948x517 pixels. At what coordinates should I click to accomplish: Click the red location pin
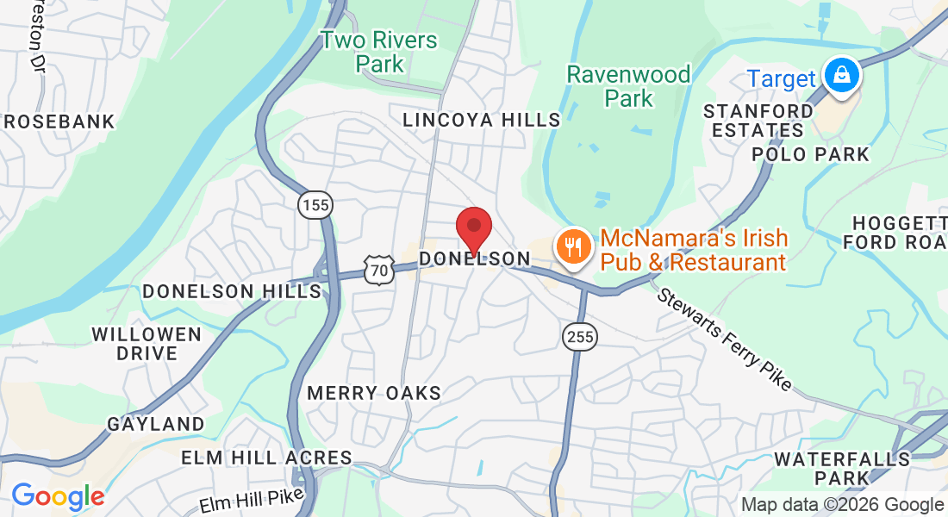tap(473, 227)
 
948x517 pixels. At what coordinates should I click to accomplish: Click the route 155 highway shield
tap(315, 205)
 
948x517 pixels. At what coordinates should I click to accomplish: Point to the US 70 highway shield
tap(378, 270)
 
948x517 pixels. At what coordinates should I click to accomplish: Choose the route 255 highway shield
tap(581, 337)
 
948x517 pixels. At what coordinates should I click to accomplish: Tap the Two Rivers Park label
tap(379, 52)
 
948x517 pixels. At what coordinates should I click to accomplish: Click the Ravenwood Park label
tap(628, 86)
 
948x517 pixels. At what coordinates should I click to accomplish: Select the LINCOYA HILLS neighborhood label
tap(482, 120)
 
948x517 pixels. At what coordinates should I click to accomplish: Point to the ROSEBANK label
tap(59, 121)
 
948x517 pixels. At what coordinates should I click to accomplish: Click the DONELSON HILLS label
tap(232, 291)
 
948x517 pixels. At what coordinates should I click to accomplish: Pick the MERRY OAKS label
tap(374, 393)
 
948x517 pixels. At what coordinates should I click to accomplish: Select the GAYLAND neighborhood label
tap(156, 424)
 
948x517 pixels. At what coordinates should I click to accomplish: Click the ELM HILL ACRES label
tap(266, 458)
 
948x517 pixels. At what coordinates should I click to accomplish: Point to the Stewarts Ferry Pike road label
tap(725, 338)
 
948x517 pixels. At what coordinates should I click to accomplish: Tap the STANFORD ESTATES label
tap(758, 121)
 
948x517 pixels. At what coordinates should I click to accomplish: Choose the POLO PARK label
tap(811, 154)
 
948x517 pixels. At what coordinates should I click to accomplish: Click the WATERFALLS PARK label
tap(842, 468)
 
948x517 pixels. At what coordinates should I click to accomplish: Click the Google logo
tap(58, 496)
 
